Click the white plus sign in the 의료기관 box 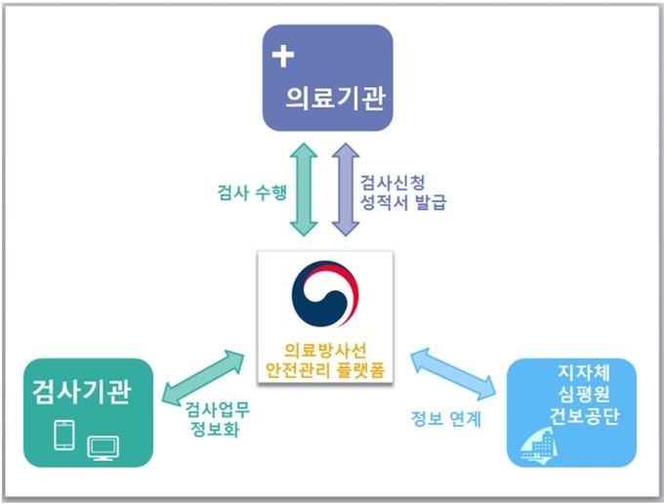tap(284, 56)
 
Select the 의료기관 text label tap(329, 97)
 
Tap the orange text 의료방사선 tap(325, 350)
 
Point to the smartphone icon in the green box tap(63, 434)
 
